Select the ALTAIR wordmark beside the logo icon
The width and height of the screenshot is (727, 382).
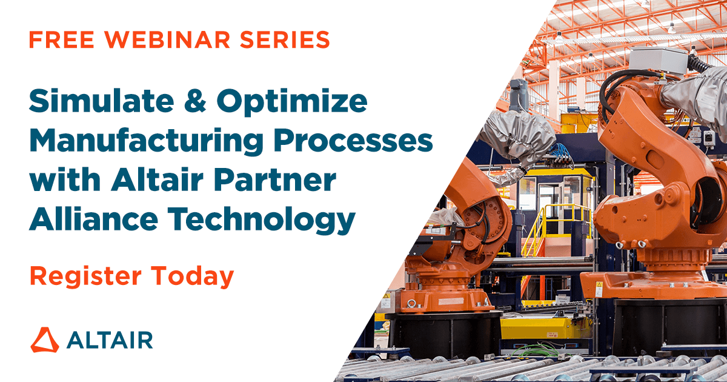click(110, 340)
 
